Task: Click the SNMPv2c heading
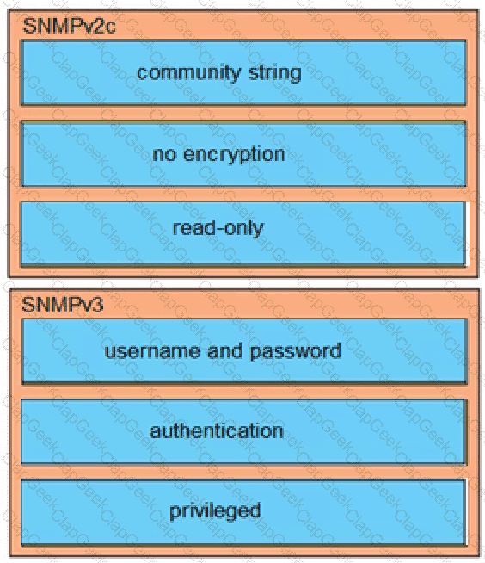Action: (x=69, y=26)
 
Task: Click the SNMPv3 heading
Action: (x=63, y=305)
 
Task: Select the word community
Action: (x=188, y=73)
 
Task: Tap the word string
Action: (x=275, y=73)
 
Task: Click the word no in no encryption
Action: (x=164, y=154)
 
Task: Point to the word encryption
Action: (x=234, y=155)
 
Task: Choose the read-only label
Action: (x=218, y=228)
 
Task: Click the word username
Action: (x=152, y=351)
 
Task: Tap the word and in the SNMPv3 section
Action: (x=224, y=350)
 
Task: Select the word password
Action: (x=295, y=351)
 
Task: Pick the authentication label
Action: (x=217, y=431)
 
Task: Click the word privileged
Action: (x=215, y=511)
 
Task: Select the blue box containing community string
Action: (x=243, y=73)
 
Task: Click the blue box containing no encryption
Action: (x=243, y=154)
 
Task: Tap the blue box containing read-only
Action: (x=243, y=234)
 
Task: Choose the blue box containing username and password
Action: (x=244, y=351)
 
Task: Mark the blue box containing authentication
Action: (x=243, y=431)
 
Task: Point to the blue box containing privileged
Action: (x=243, y=512)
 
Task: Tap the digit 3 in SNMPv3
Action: (x=97, y=305)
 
